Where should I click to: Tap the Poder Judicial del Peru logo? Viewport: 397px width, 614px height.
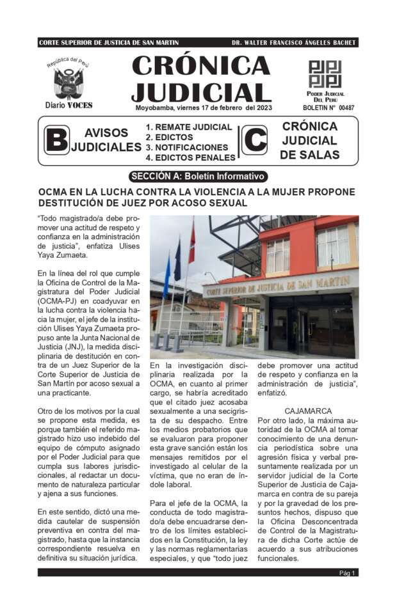coord(325,74)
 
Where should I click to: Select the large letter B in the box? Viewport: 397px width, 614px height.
coord(57,141)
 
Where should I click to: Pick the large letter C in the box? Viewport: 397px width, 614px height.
coord(254,141)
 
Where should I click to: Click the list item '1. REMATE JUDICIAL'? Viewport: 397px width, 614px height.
coord(180,127)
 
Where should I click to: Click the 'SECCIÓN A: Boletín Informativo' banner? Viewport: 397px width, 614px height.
coord(197,176)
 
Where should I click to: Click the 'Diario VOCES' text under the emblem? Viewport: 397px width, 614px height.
coord(69,105)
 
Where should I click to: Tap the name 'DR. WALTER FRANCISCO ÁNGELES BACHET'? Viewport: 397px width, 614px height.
coord(293,43)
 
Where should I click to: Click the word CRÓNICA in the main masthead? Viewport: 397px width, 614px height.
coord(201,66)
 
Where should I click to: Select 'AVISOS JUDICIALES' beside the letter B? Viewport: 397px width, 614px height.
coord(106,140)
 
